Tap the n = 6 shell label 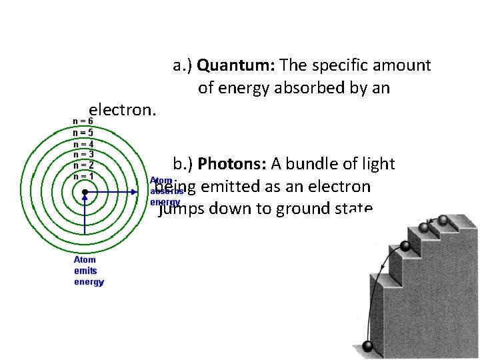click(83, 121)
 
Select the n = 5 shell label click(83, 133)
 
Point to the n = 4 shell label click(83, 144)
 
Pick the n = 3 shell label click(83, 155)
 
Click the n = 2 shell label click(83, 165)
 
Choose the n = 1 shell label click(83, 176)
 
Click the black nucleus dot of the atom click(85, 193)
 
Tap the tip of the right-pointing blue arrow click(147, 193)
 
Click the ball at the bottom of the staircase click(367, 346)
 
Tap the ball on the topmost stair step click(442, 220)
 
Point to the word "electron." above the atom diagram click(122, 110)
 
